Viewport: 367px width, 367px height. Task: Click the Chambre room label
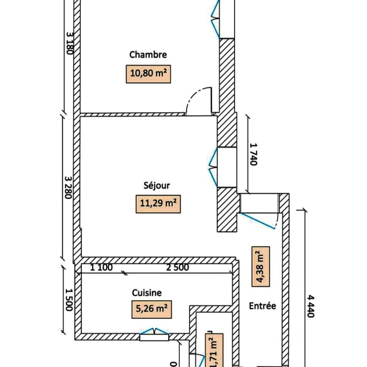point(148,54)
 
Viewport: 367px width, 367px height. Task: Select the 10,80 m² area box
point(149,74)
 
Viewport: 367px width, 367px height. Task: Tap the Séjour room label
point(156,185)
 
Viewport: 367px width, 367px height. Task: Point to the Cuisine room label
point(147,292)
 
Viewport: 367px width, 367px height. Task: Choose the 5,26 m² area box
point(151,309)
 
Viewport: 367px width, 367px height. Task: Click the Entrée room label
point(262,306)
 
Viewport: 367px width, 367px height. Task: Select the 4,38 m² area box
point(260,266)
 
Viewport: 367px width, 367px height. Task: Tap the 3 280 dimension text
point(69,187)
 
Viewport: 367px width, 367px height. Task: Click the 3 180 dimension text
point(70,43)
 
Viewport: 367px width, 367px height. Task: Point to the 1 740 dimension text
point(253,154)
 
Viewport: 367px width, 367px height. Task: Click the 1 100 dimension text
point(101,267)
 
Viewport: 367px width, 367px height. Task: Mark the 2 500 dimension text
point(177,267)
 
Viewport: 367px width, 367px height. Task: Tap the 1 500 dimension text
point(69,300)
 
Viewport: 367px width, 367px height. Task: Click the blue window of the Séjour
point(213,165)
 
